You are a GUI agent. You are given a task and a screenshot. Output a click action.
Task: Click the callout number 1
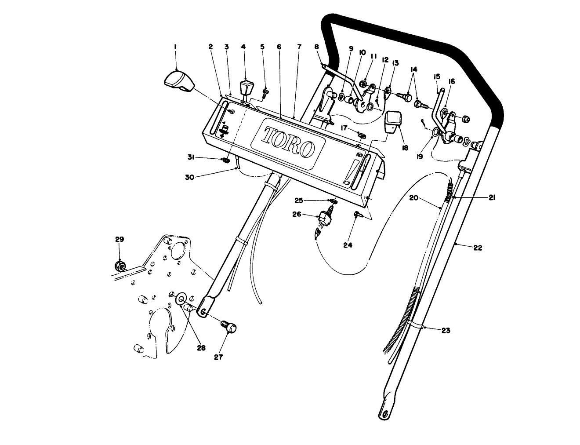click(x=175, y=46)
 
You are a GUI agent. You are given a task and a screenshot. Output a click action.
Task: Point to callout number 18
click(x=405, y=148)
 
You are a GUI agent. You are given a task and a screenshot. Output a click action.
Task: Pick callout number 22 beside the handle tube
click(x=478, y=248)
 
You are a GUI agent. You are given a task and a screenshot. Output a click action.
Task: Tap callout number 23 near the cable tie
click(x=446, y=331)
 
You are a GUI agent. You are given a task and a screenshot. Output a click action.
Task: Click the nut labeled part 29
click(x=119, y=266)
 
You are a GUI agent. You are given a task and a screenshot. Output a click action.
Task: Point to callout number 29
click(x=119, y=240)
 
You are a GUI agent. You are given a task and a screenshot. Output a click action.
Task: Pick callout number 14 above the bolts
click(x=413, y=69)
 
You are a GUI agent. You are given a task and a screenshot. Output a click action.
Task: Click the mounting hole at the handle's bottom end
click(x=385, y=413)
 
